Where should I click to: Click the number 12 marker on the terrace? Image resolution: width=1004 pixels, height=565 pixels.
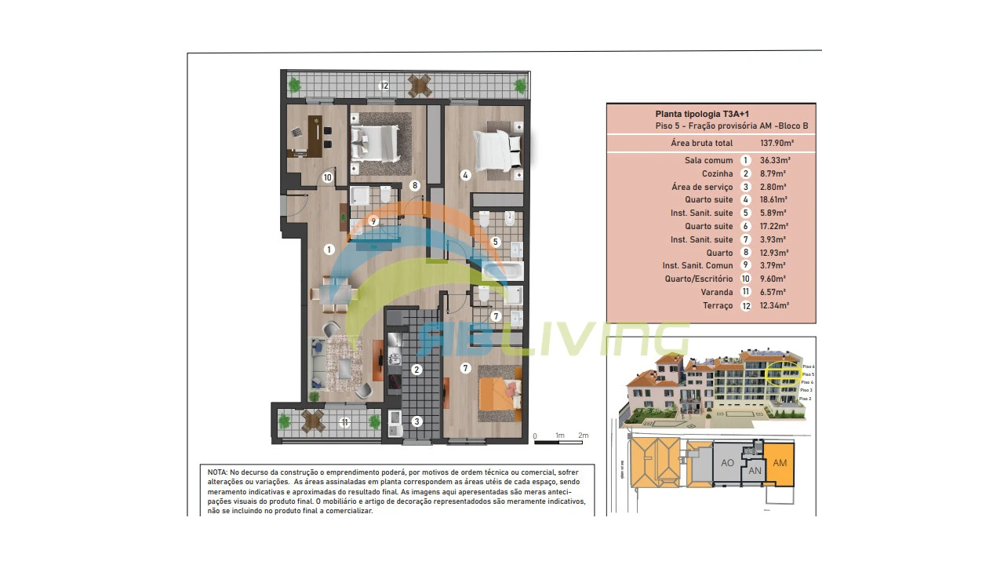pos(384,86)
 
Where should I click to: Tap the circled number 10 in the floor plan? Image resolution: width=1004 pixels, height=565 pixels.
pos(327,177)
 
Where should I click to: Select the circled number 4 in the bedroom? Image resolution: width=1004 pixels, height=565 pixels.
pos(465,175)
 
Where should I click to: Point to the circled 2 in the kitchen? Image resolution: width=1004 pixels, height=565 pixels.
pos(417,370)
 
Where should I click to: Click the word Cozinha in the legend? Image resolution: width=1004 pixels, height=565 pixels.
pos(717,173)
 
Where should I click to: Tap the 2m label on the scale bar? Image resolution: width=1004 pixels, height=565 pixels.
pos(583,436)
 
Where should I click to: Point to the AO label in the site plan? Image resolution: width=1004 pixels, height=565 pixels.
pos(727,463)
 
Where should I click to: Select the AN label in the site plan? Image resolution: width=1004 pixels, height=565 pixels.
pos(755,471)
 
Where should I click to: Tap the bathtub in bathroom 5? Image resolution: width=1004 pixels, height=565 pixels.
pos(502,272)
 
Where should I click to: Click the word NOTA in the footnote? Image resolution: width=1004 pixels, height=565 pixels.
pos(217,472)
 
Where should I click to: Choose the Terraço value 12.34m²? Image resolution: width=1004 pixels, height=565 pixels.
pos(775,305)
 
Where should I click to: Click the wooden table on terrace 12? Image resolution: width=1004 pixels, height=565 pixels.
pos(420,85)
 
